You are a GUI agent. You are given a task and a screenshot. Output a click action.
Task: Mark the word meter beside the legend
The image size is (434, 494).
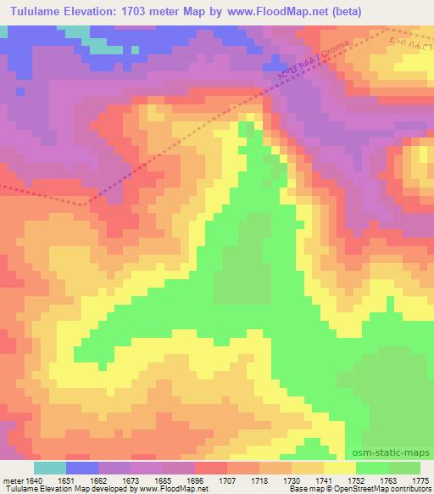pyautogui.click(x=13, y=480)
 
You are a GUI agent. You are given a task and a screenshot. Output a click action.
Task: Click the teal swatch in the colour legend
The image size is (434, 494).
pyautogui.click(x=49, y=468)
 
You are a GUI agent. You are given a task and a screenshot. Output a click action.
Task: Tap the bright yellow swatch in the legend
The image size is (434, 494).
pyautogui.click(x=339, y=468)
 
